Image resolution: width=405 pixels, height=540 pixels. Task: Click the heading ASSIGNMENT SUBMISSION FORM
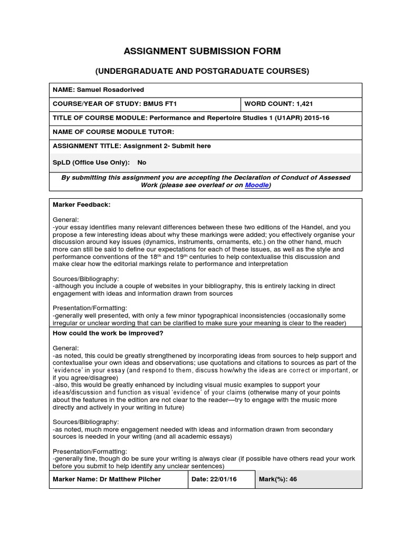coord(202,51)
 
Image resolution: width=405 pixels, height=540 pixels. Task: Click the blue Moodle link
coord(257,186)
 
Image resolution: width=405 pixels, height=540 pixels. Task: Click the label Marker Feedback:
coord(81,204)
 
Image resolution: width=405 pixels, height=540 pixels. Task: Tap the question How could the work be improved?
coord(108,334)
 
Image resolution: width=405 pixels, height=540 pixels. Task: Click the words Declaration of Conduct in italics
coord(255,178)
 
